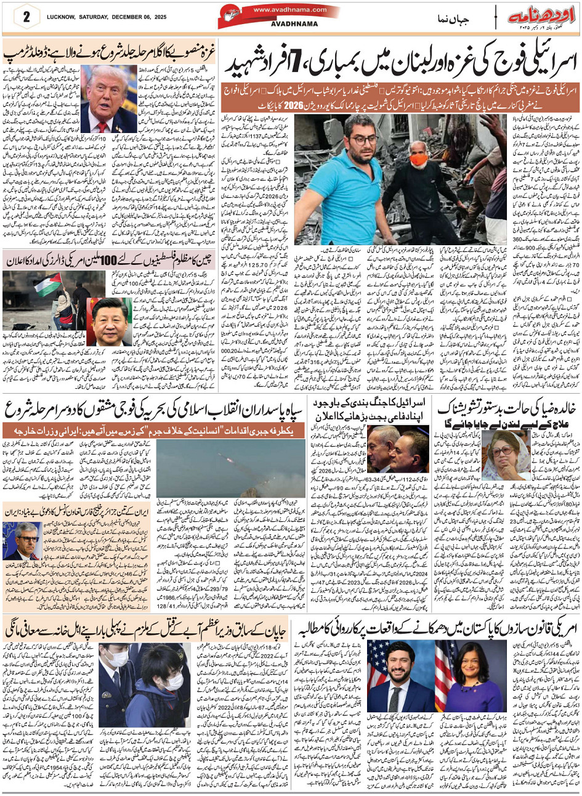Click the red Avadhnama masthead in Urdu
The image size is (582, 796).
(x=543, y=15)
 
